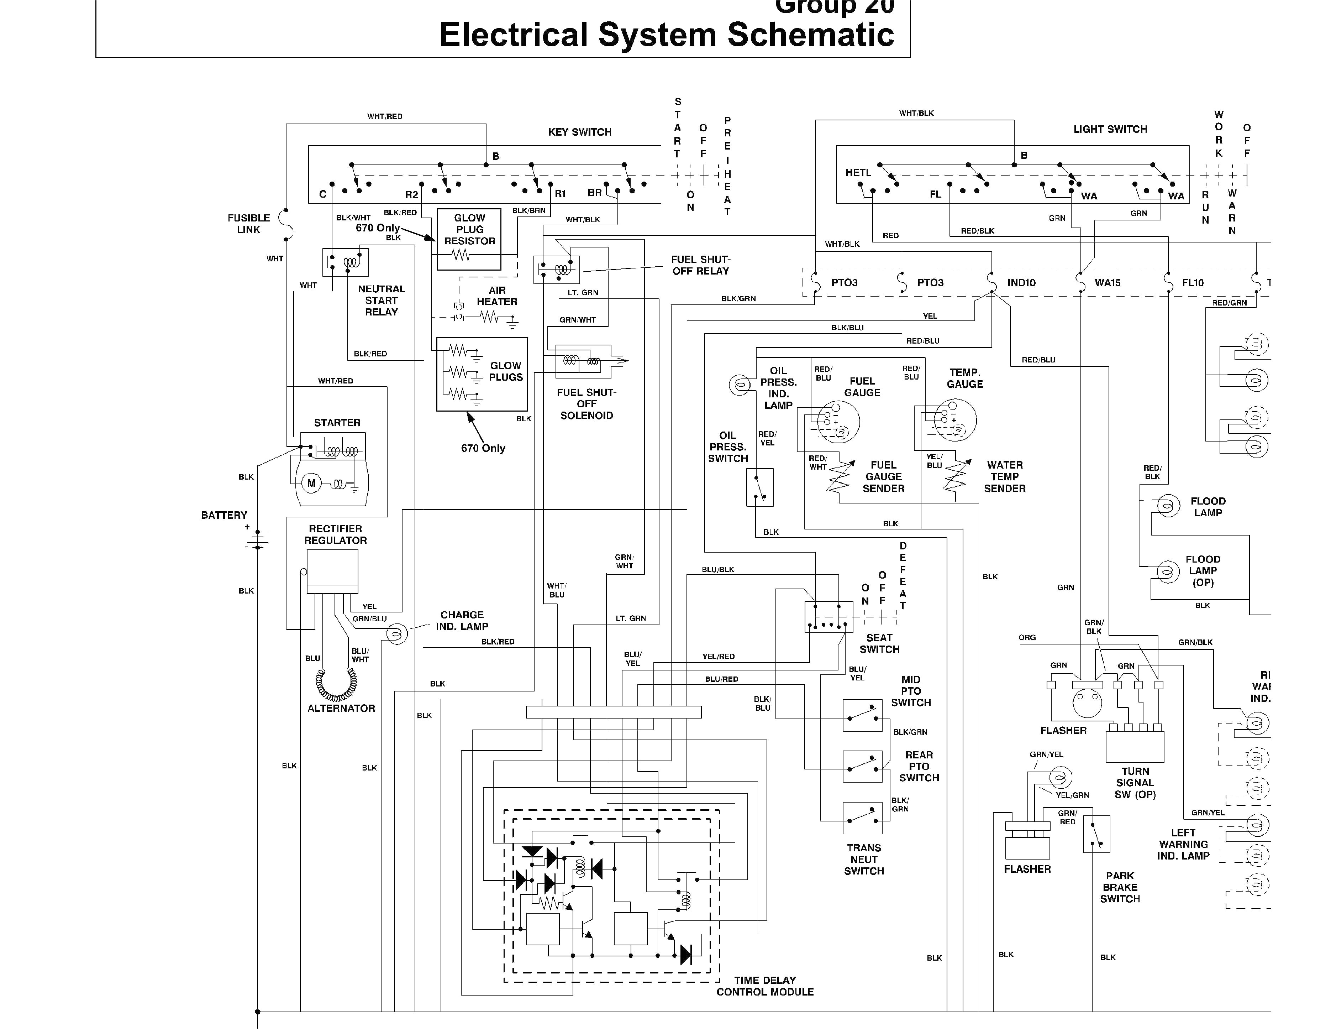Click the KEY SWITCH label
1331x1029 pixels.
[580, 132]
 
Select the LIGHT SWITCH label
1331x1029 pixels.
[1110, 129]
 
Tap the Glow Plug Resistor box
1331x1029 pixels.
[469, 240]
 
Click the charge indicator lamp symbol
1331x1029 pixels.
[397, 634]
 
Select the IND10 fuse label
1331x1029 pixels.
[1021, 283]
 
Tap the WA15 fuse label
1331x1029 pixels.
[1108, 283]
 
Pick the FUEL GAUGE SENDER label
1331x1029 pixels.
[883, 477]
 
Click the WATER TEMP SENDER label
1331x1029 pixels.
[1004, 477]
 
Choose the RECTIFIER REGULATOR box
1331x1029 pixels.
[332, 571]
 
